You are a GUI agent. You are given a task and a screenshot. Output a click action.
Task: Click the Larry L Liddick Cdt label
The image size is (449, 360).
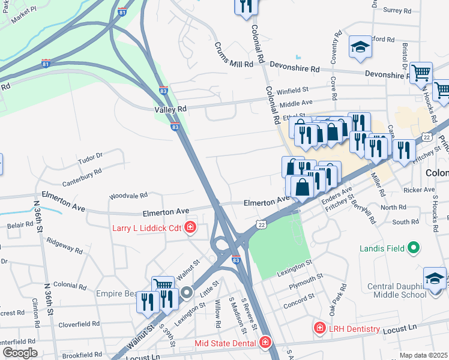coord(146,227)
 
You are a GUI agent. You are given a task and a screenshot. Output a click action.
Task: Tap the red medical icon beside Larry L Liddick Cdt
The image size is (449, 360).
coord(190,227)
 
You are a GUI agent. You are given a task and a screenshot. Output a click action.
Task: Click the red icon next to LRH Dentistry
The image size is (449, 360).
coord(319,328)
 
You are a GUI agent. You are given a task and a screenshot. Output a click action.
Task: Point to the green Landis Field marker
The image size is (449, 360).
coord(413,247)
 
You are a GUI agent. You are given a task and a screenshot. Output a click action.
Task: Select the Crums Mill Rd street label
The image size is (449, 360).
coord(234,57)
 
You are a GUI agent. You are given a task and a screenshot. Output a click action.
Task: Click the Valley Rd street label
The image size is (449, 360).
coord(170,109)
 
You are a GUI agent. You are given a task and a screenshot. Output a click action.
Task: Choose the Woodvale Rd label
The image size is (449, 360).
coord(128,196)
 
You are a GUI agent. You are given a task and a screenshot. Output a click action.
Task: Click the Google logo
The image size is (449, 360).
coord(19,353)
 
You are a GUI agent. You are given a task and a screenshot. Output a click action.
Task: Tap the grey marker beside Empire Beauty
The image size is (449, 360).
coord(187,293)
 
